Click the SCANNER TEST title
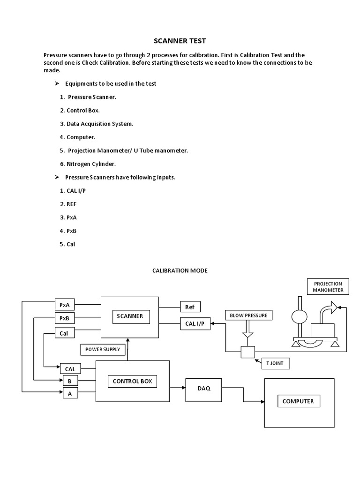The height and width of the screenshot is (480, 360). click(180, 41)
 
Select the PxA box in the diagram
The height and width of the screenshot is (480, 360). click(64, 305)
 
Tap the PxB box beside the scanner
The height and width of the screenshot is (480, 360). click(64, 319)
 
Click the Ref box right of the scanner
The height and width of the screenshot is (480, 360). click(190, 307)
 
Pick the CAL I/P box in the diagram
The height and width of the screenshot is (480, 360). click(195, 323)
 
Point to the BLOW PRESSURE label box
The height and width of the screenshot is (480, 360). click(248, 315)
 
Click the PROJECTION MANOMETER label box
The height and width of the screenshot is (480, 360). click(328, 287)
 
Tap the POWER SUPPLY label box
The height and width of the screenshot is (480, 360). click(103, 349)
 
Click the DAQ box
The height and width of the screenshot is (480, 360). click(203, 388)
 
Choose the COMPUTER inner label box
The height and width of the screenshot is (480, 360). click(298, 401)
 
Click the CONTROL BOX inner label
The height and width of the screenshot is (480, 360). click(132, 382)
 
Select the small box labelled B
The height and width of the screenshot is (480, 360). click(70, 381)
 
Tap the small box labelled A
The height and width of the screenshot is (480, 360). click(70, 394)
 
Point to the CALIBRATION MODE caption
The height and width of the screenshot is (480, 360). click(180, 270)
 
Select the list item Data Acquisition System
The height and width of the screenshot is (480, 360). click(100, 124)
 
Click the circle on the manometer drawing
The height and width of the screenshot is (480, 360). click(299, 317)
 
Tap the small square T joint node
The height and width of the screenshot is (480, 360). click(247, 352)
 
